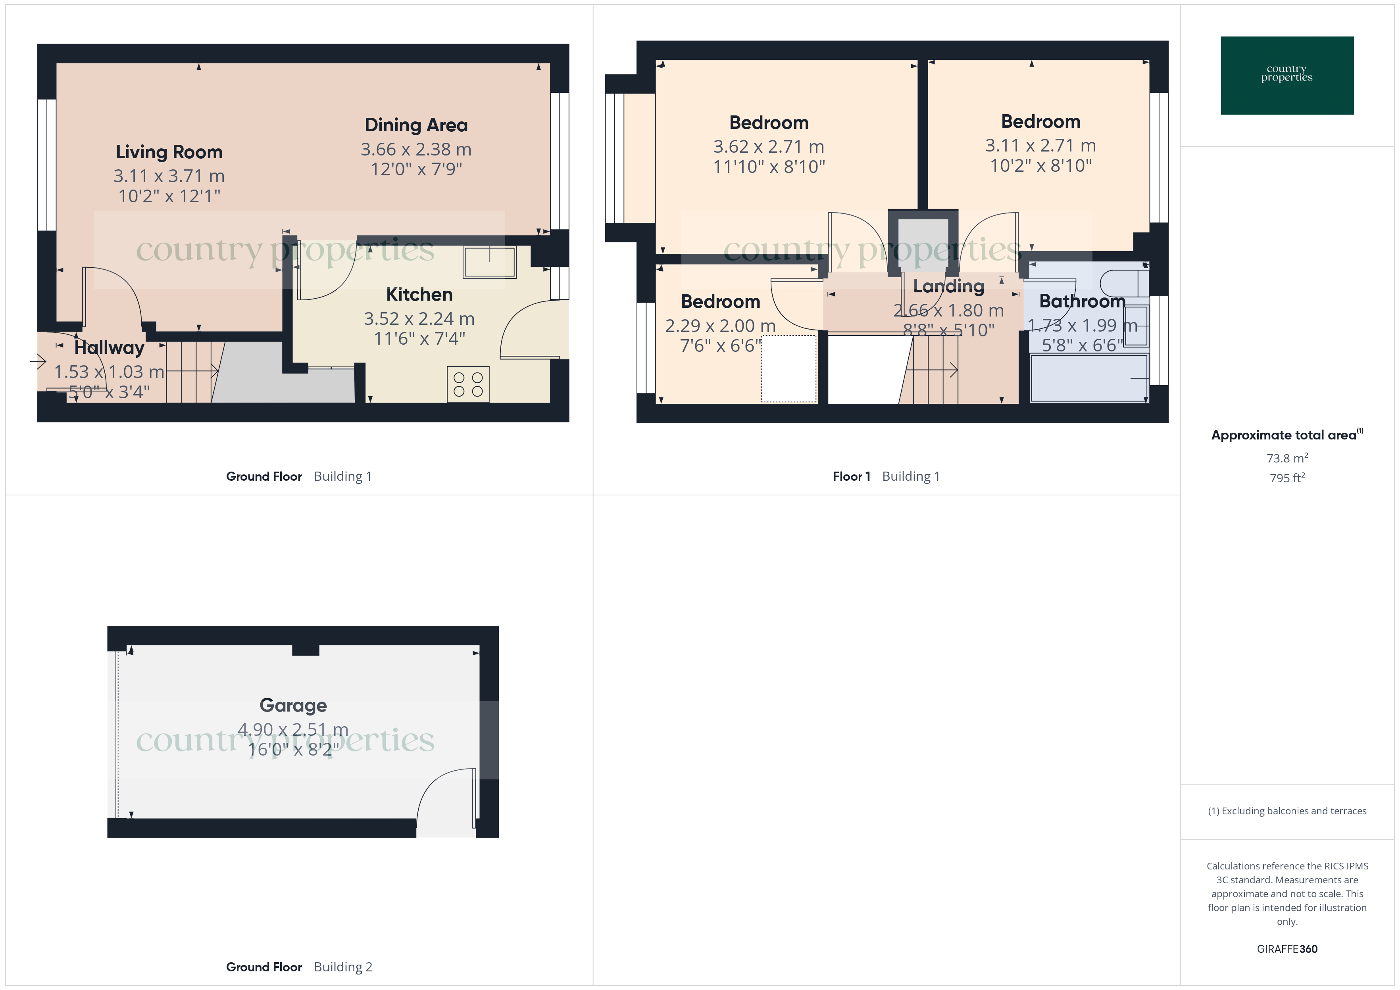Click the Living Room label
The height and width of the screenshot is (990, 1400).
(169, 152)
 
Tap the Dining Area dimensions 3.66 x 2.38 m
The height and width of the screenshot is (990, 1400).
(416, 150)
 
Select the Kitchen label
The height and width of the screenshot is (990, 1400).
(419, 294)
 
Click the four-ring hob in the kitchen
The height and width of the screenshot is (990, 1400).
(468, 384)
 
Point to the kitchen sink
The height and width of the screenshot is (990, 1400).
(489, 262)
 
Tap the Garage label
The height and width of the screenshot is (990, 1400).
(293, 705)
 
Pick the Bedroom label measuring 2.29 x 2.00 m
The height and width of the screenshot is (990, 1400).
(720, 302)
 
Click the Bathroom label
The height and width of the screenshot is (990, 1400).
(1082, 301)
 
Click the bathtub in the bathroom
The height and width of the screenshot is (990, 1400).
(1088, 378)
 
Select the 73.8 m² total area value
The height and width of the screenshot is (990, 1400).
(1287, 458)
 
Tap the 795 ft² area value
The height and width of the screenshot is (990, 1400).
(1287, 478)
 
